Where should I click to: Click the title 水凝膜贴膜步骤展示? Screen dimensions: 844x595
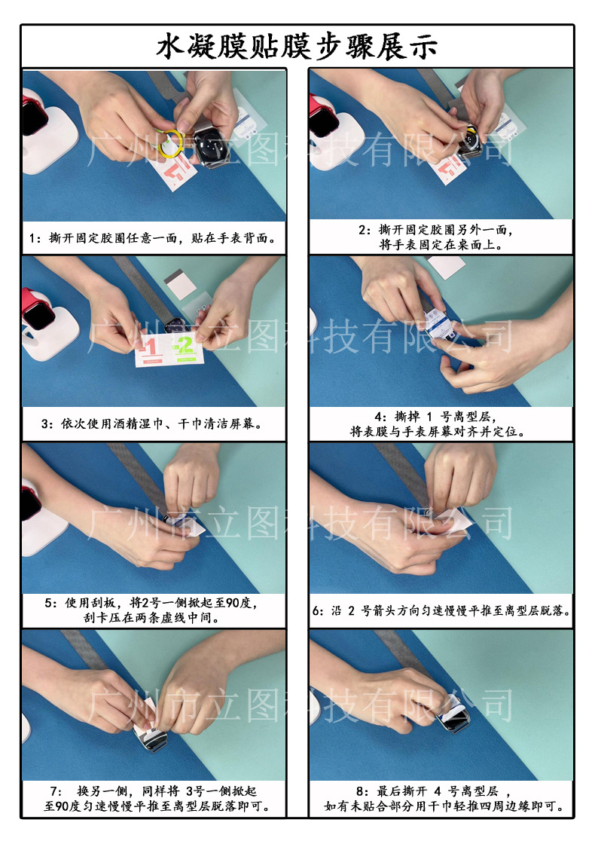click(297, 47)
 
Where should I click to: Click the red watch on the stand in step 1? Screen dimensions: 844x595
click(34, 117)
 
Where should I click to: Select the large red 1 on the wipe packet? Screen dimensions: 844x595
click(151, 348)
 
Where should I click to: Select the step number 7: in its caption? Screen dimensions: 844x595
click(56, 791)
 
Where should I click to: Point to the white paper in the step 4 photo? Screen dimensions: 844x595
click(447, 267)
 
